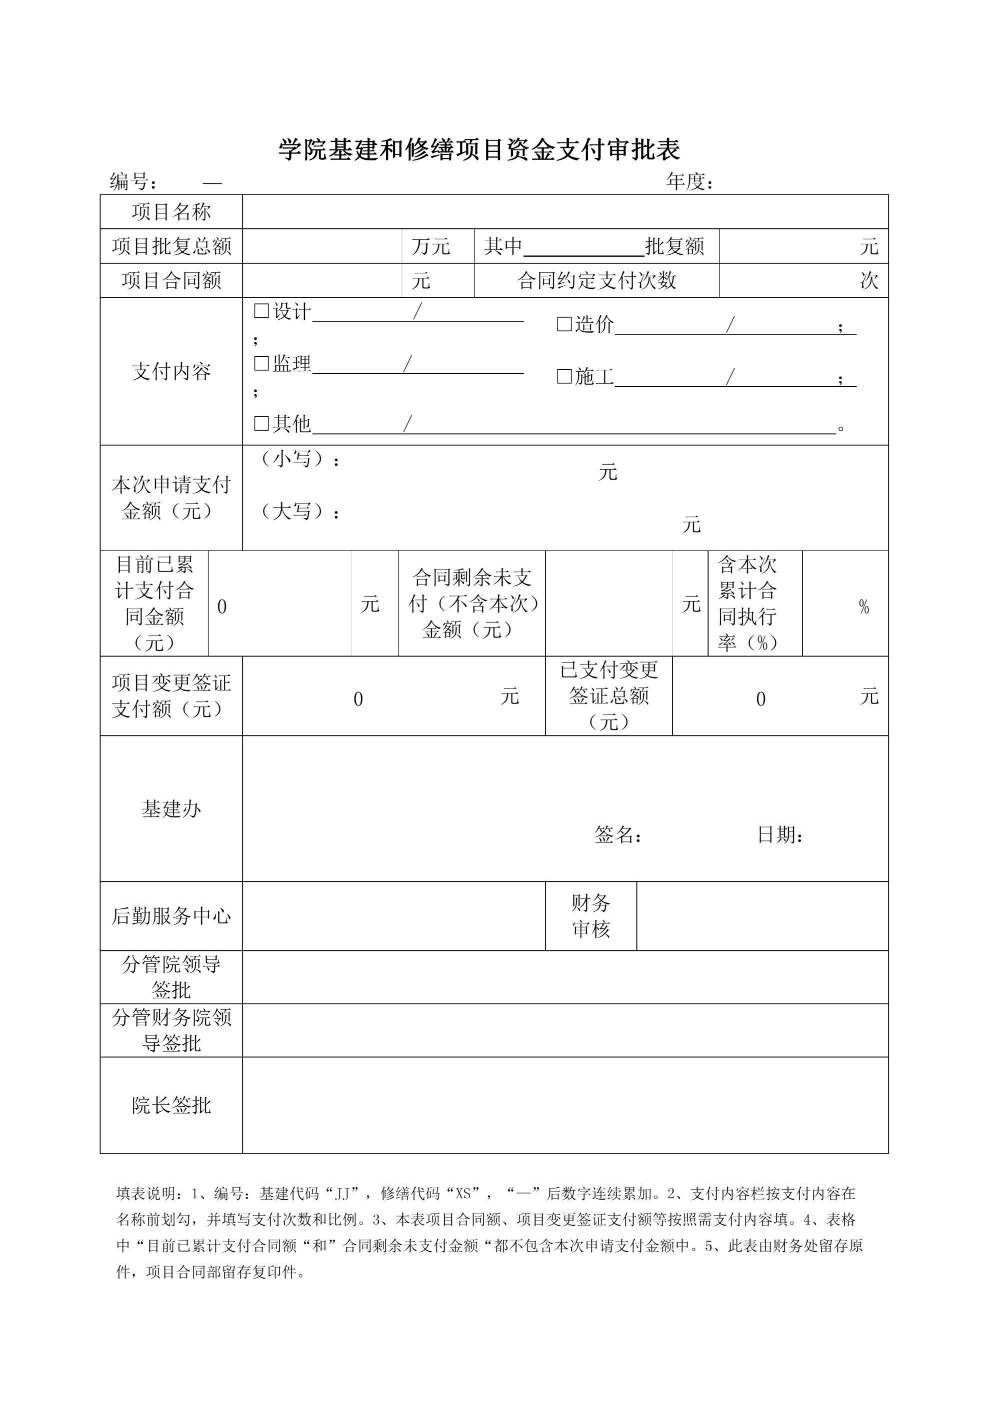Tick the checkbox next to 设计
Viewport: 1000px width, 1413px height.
point(261,311)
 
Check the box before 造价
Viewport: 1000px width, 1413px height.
point(564,324)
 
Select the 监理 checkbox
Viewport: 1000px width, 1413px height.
point(261,364)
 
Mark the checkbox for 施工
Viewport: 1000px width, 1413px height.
point(564,377)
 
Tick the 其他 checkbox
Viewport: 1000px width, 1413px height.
point(261,423)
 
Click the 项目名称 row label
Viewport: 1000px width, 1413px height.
point(171,212)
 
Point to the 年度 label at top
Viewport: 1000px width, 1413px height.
point(689,181)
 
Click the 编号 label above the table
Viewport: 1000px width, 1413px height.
point(133,181)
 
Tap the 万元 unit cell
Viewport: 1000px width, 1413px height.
point(431,247)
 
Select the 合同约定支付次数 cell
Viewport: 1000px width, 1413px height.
point(596,281)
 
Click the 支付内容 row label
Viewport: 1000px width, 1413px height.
point(171,372)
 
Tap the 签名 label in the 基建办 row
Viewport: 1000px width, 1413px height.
point(617,835)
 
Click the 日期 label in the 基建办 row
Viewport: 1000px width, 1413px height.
point(779,835)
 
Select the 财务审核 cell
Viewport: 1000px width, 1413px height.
point(590,916)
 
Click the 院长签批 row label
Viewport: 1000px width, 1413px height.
point(171,1105)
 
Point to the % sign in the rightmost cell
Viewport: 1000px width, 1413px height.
point(863,608)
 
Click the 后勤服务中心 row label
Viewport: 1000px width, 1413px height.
point(171,916)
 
